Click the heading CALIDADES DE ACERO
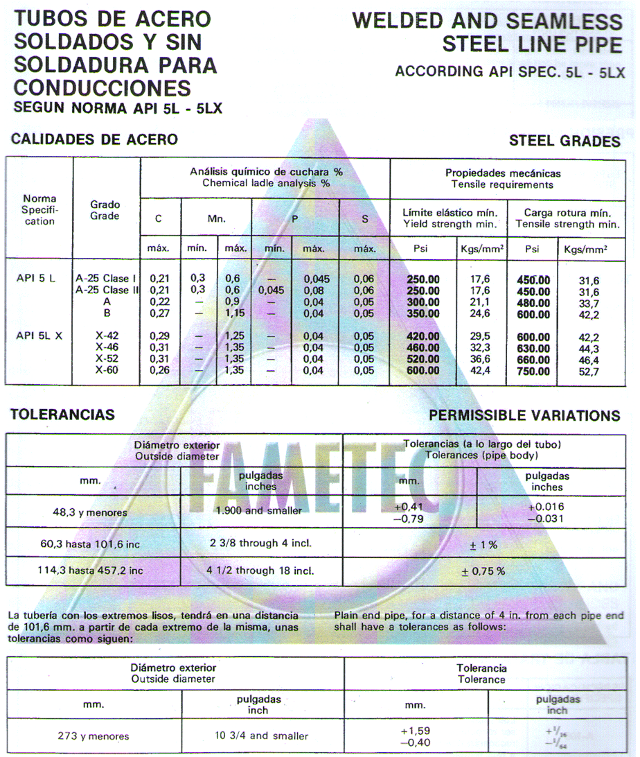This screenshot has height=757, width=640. click(95, 139)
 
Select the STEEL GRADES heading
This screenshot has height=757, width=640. click(565, 141)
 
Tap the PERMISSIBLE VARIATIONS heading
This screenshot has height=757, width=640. click(524, 415)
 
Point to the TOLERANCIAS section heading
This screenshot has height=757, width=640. click(62, 415)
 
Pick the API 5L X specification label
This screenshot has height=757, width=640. click(39, 336)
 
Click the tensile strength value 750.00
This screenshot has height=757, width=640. click(533, 371)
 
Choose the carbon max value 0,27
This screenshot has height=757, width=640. click(160, 313)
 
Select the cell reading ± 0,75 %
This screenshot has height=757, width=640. click(483, 571)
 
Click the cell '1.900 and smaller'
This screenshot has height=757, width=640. click(258, 511)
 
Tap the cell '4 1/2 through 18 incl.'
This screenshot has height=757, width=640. click(260, 571)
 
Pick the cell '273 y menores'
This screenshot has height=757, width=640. click(93, 736)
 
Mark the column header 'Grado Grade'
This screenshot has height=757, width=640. click(105, 210)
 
